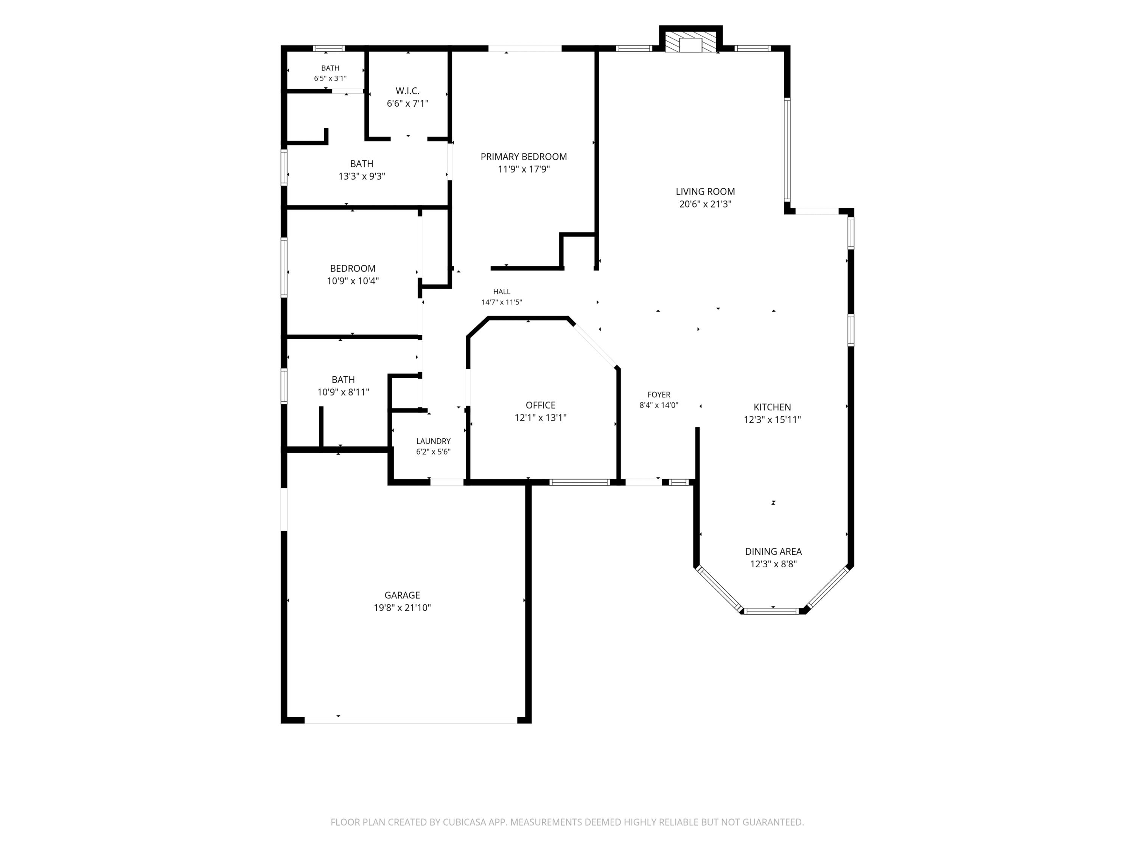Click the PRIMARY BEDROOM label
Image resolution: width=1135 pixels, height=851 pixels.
[x=523, y=157]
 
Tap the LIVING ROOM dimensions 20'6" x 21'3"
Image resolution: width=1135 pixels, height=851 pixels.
[x=705, y=203]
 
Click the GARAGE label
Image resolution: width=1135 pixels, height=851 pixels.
[x=402, y=595]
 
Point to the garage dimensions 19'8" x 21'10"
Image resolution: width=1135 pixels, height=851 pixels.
[x=402, y=607]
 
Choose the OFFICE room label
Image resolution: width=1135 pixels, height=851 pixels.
[x=540, y=405]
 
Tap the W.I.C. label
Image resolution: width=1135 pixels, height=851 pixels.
[x=407, y=91]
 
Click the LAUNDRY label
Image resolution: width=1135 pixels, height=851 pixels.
[x=433, y=441]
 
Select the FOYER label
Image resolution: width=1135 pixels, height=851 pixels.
[x=659, y=394]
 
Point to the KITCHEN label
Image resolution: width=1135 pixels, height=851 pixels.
[x=772, y=407]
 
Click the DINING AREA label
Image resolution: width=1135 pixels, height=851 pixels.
[x=773, y=551]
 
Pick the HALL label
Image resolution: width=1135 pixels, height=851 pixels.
[x=501, y=291]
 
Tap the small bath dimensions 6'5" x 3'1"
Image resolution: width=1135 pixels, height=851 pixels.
[x=330, y=79]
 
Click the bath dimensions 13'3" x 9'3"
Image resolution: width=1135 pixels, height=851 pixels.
[x=361, y=176]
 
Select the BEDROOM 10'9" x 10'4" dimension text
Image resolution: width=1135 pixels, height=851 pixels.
[x=353, y=281]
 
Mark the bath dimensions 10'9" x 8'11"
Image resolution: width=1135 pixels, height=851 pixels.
[x=343, y=392]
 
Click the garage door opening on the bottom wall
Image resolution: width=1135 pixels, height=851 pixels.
[x=411, y=720]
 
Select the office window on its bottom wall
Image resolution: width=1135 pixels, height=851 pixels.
[x=580, y=482]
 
